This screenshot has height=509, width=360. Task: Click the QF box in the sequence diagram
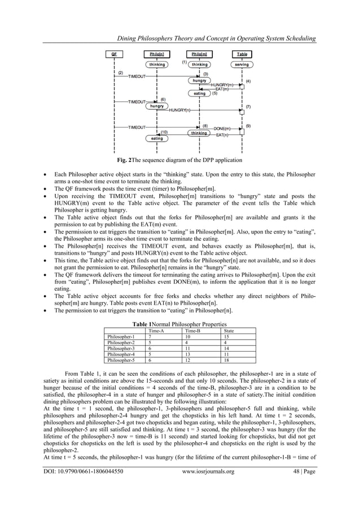coord(115,55)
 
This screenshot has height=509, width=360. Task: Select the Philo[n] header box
coord(157,55)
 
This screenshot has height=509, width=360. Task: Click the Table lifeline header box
coord(242,55)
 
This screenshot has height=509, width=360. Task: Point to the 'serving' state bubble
coord(242,65)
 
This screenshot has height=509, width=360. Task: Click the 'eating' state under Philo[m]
coord(199,94)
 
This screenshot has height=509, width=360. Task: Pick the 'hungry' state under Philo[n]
coord(157,106)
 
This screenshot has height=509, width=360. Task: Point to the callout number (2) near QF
coord(120,72)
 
